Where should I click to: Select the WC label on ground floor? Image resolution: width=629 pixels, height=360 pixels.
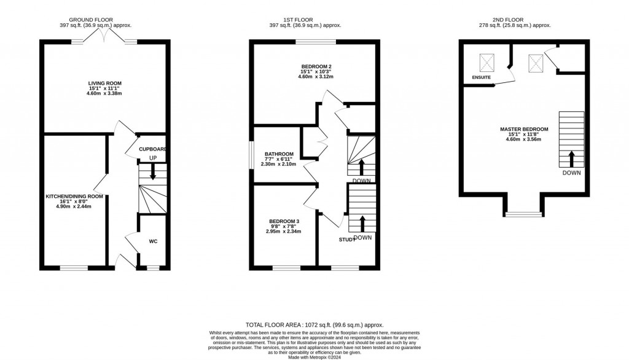[x=153, y=241]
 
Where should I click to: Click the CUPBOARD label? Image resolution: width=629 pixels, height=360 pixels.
[x=152, y=149]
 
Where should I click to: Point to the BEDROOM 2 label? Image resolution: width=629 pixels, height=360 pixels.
[x=316, y=66]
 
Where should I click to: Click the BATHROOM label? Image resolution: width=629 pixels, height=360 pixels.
[x=279, y=154]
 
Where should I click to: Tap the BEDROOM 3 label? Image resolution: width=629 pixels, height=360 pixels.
[x=284, y=221]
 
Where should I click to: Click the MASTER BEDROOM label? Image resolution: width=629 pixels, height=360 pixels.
[x=524, y=129]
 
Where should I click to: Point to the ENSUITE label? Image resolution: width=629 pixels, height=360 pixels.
[x=481, y=78]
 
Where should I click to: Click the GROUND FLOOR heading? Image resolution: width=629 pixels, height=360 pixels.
[x=91, y=20]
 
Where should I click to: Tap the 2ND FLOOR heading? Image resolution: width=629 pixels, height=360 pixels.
[x=514, y=20]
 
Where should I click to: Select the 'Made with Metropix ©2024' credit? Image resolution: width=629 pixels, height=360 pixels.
[x=314, y=356]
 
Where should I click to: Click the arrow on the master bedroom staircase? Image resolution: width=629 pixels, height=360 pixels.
[x=571, y=158]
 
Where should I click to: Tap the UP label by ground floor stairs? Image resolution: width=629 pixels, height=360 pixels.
[x=153, y=158]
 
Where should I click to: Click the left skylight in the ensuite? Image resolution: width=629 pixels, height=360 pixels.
[x=487, y=61]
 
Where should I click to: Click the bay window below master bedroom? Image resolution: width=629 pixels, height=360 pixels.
[x=523, y=214]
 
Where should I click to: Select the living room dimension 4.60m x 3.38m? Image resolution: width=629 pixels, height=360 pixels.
[x=104, y=93]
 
